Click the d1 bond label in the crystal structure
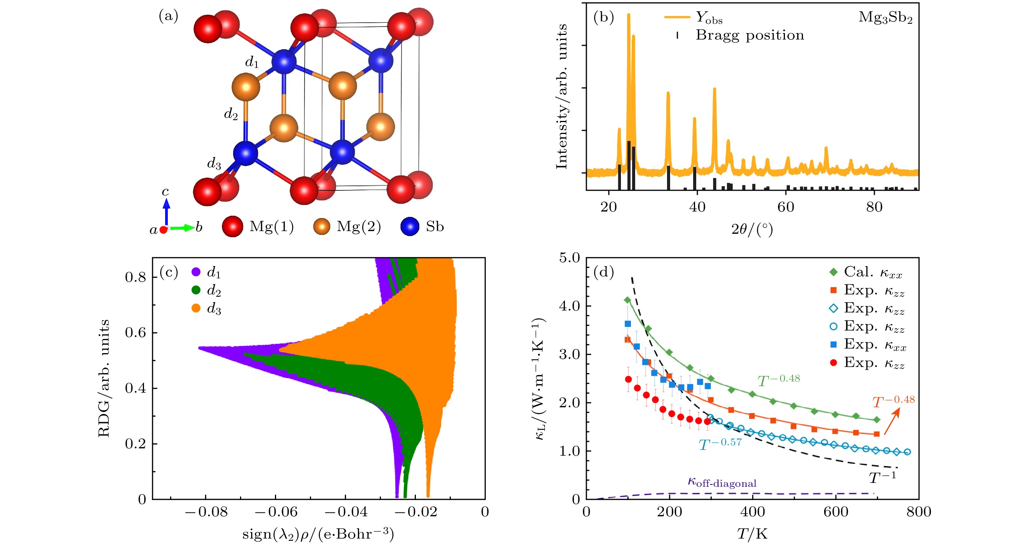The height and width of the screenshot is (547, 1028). [x=252, y=62]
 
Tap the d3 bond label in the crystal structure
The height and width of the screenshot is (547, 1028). [x=214, y=163]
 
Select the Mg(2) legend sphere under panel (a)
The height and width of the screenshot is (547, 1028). [x=322, y=226]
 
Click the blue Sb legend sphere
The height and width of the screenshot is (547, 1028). [x=409, y=226]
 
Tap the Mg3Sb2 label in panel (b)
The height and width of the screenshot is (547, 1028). [x=885, y=18]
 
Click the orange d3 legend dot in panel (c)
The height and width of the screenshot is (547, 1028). [x=195, y=308]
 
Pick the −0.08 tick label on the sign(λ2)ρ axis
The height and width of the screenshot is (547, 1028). [x=205, y=512]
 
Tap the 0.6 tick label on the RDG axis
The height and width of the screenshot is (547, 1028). [x=135, y=332]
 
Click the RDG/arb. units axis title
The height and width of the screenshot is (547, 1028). [x=104, y=378]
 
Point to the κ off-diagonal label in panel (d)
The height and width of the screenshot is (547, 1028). [x=722, y=482]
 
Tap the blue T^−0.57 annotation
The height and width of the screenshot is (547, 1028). [x=720, y=444]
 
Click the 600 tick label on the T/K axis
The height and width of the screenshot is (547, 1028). [x=836, y=512]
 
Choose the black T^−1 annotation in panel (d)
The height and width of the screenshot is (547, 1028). [x=882, y=477]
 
